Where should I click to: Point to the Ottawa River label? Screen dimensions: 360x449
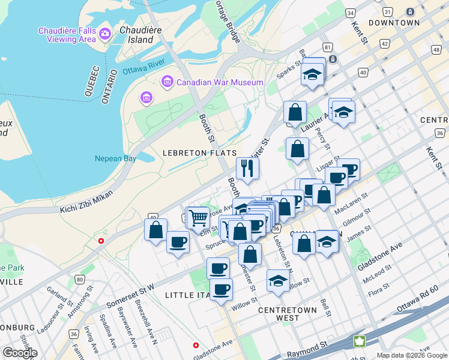pyautogui.click(x=144, y=69)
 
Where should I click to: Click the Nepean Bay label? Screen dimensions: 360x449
pyautogui.click(x=115, y=159)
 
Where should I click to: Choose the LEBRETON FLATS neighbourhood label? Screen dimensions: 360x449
pyautogui.click(x=199, y=154)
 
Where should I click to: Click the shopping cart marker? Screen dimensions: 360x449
pyautogui.click(x=198, y=217)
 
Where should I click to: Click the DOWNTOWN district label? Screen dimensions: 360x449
pyautogui.click(x=394, y=23)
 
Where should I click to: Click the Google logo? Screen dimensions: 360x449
pyautogui.click(x=20, y=352)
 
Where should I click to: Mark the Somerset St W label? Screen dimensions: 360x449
pyautogui.click(x=130, y=289)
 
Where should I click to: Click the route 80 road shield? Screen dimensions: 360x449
pyautogui.click(x=80, y=279)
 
